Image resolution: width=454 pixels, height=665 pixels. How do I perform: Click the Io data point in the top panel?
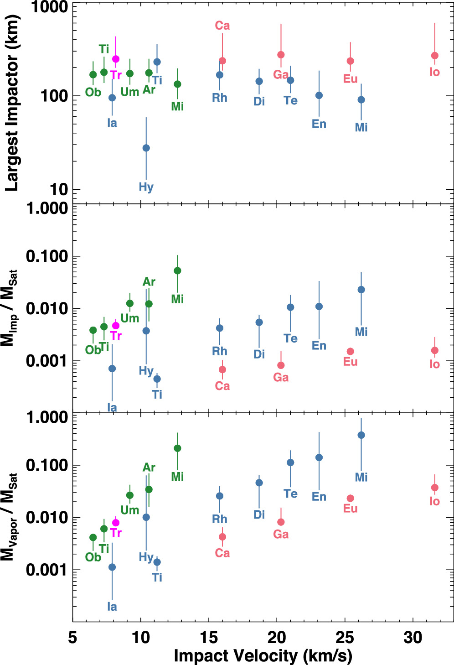(434, 56)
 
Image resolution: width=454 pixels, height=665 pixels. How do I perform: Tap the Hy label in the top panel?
(146, 187)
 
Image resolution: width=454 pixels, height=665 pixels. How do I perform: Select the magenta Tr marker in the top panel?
(116, 59)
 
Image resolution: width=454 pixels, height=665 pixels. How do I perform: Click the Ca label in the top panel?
(222, 26)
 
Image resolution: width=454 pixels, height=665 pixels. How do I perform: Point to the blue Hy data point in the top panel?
(146, 148)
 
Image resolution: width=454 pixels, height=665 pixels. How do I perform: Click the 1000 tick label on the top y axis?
(50, 7)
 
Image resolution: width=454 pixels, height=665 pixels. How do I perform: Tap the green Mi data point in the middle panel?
(177, 271)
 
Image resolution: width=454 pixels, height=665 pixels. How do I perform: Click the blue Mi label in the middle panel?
(361, 332)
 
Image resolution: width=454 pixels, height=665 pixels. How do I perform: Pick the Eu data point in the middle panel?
(350, 352)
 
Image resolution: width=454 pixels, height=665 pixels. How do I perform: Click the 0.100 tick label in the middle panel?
(47, 256)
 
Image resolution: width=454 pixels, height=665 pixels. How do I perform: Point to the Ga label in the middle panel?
(281, 378)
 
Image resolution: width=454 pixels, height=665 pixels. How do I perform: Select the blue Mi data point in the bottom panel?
(361, 435)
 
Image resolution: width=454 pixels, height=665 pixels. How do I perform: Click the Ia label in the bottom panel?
(112, 607)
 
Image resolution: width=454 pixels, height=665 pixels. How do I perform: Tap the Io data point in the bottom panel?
(434, 488)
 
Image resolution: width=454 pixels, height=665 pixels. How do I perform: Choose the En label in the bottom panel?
(319, 497)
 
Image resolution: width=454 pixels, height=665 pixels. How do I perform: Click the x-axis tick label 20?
(277, 638)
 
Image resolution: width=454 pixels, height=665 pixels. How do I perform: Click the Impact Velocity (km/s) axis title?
(263, 656)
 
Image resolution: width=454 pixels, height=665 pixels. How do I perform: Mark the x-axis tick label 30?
(413, 638)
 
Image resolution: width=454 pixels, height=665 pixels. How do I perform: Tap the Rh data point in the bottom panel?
(220, 496)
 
